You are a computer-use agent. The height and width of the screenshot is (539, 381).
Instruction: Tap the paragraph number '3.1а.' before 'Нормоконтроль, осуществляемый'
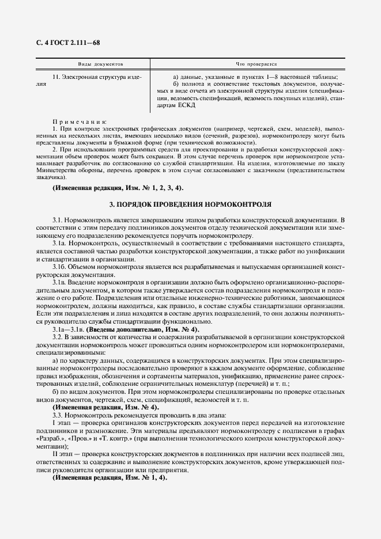[61, 244]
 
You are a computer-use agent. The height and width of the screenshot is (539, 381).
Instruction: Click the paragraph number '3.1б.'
[61, 267]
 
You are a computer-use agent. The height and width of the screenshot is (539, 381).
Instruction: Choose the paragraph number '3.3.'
[59, 414]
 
